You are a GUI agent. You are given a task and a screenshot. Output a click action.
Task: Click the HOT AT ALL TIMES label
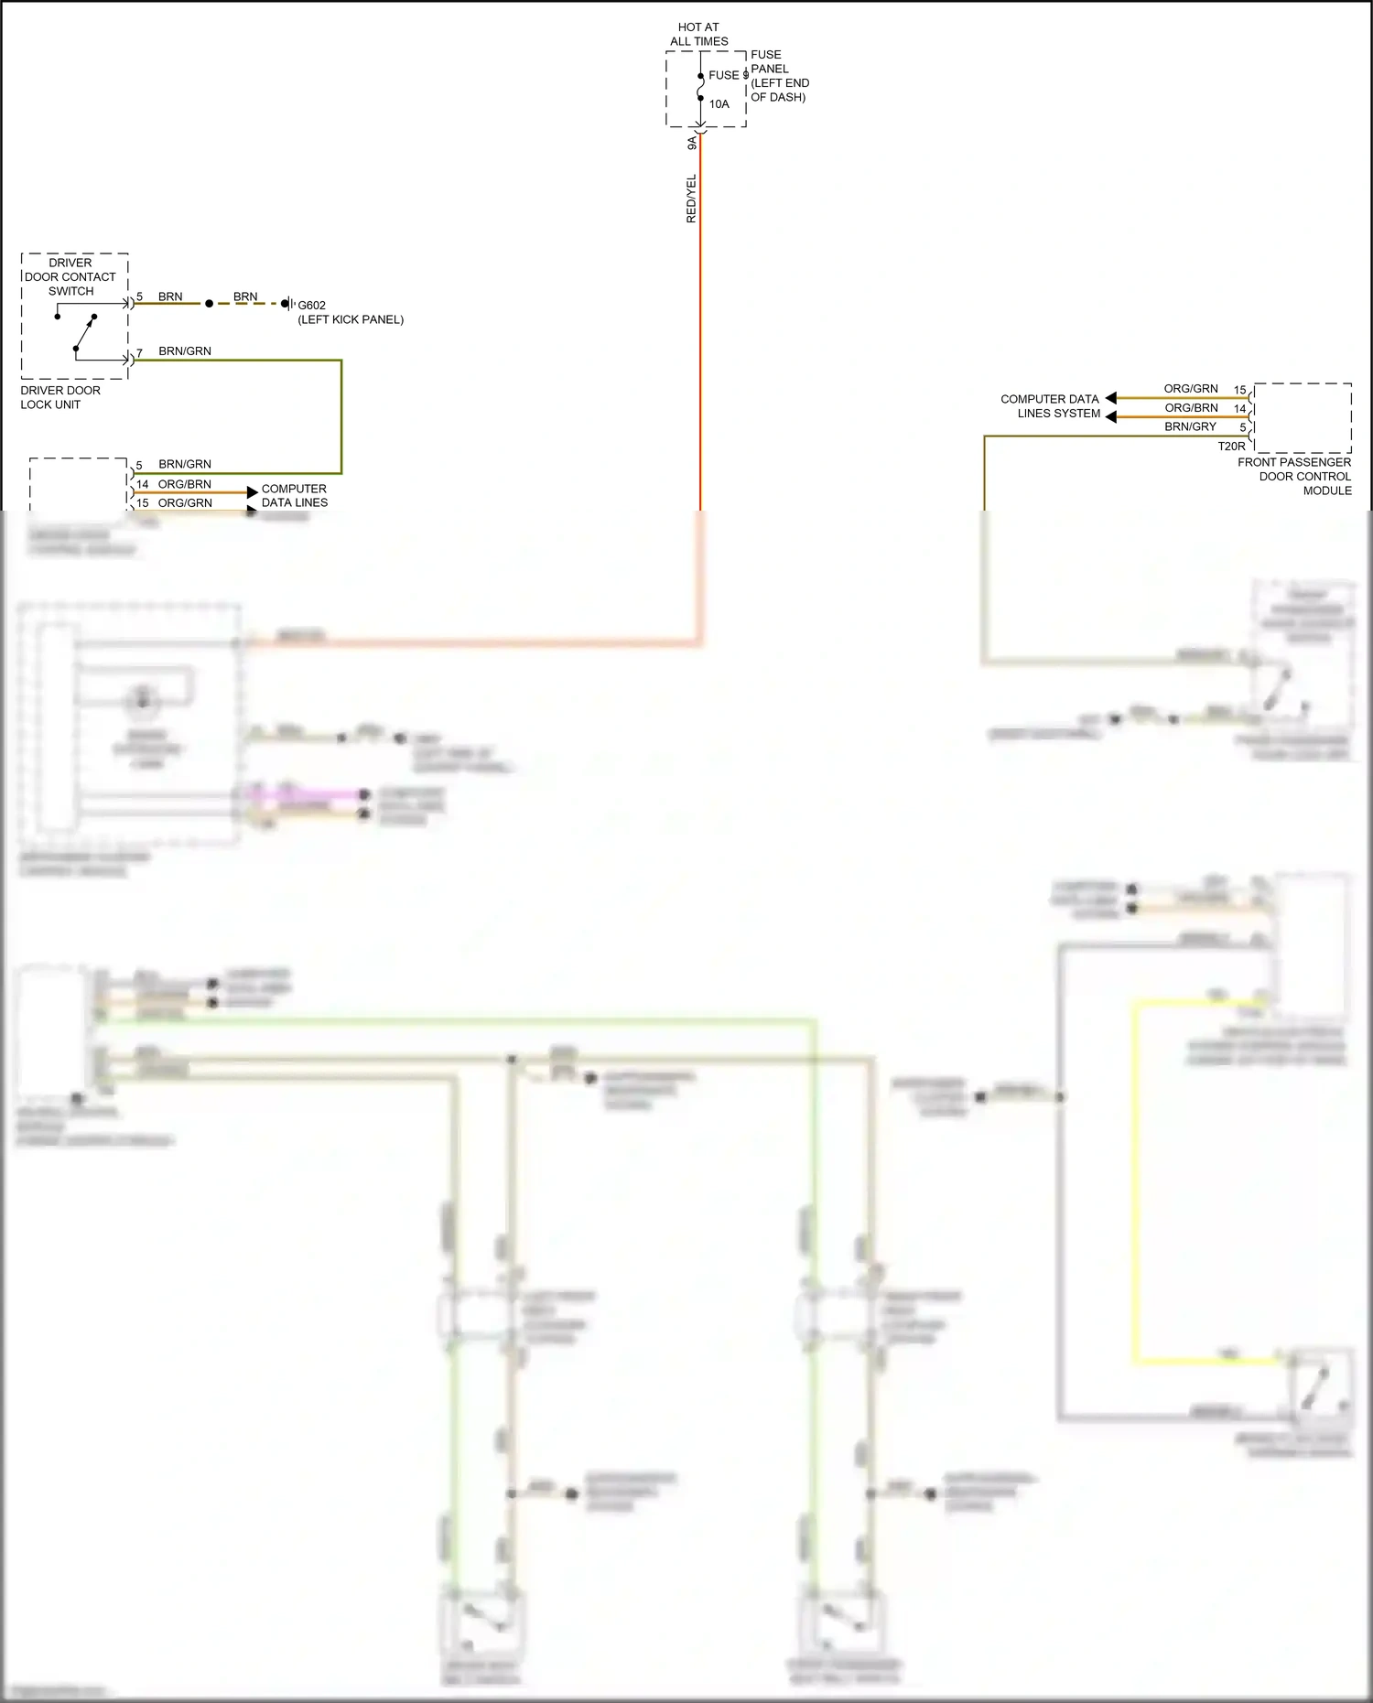click(x=698, y=34)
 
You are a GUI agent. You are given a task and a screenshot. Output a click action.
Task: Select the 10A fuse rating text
click(x=719, y=104)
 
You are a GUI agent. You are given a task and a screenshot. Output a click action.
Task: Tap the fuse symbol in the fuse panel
click(x=701, y=88)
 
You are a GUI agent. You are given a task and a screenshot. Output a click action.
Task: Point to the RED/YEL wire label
click(x=691, y=199)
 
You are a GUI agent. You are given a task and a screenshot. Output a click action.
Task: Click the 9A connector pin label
click(x=692, y=144)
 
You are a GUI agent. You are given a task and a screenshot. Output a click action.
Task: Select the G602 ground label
click(x=311, y=306)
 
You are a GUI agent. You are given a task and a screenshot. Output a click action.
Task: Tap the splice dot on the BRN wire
click(x=209, y=303)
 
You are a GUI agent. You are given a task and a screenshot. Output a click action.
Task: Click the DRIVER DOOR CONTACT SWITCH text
click(x=70, y=276)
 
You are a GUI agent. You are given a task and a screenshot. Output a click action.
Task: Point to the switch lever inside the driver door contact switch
click(x=84, y=333)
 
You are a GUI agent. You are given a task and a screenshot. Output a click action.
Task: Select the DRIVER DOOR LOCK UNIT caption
click(x=60, y=397)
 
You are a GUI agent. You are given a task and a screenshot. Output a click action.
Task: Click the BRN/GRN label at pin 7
click(x=185, y=351)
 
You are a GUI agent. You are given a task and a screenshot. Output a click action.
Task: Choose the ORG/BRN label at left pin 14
click(x=185, y=484)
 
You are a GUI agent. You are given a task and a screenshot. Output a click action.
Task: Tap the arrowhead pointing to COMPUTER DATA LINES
click(x=253, y=492)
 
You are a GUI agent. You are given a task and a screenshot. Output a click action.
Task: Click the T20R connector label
click(x=1231, y=447)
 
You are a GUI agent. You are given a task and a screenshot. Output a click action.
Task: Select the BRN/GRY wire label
click(x=1190, y=426)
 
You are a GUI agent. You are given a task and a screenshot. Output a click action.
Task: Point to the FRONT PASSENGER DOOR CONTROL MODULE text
click(x=1294, y=476)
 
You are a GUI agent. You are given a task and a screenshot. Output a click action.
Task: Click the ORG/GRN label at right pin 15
click(x=1191, y=389)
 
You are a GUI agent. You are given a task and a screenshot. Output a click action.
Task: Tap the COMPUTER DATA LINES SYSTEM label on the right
click(x=1050, y=405)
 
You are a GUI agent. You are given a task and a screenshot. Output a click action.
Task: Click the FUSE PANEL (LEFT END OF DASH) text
click(x=779, y=76)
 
